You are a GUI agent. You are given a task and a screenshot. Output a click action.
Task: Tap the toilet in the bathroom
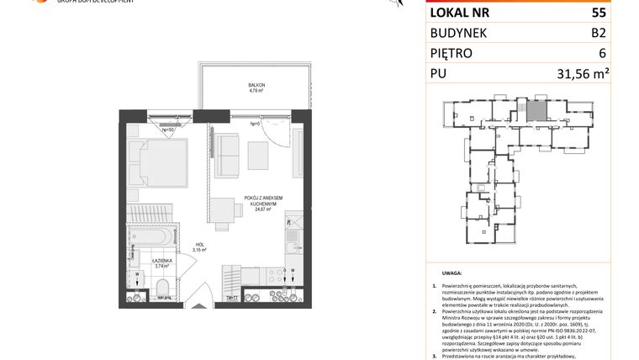(x=162, y=291)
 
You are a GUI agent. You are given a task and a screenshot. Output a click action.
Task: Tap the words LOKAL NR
(x=461, y=13)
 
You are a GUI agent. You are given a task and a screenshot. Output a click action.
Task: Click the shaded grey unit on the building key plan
(x=536, y=110)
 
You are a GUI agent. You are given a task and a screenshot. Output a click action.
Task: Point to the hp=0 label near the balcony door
(x=256, y=124)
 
